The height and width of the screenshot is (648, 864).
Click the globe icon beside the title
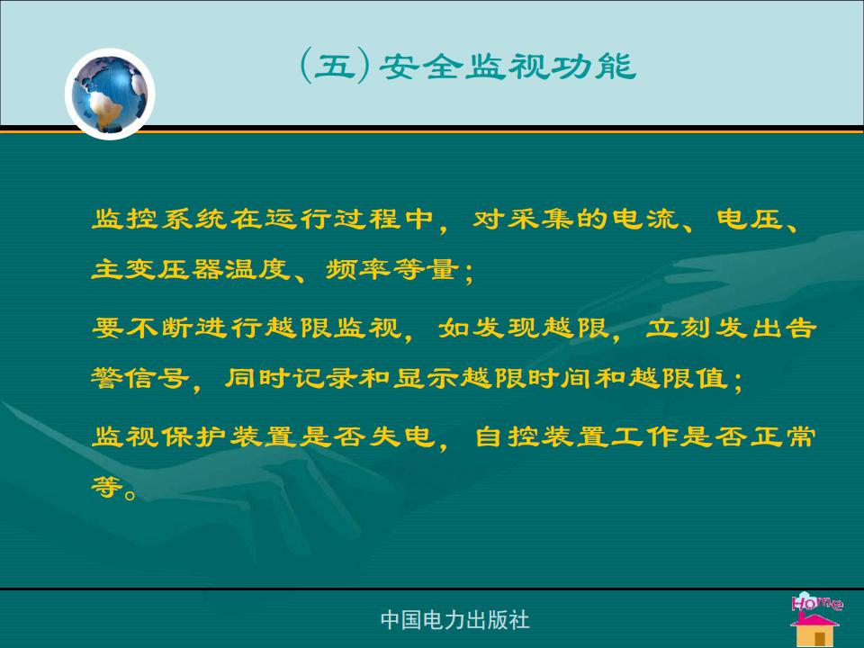click(110, 94)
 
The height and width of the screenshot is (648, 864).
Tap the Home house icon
click(815, 619)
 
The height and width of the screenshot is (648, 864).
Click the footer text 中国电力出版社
click(454, 620)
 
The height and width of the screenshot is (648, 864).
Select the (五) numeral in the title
click(335, 67)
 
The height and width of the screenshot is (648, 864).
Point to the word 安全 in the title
click(421, 67)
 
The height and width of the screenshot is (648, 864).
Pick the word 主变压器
click(157, 269)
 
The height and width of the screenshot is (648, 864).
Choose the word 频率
click(358, 269)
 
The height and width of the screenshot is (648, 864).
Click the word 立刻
click(679, 328)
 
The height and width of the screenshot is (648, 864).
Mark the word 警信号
click(140, 379)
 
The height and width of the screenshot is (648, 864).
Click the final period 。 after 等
click(130, 494)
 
